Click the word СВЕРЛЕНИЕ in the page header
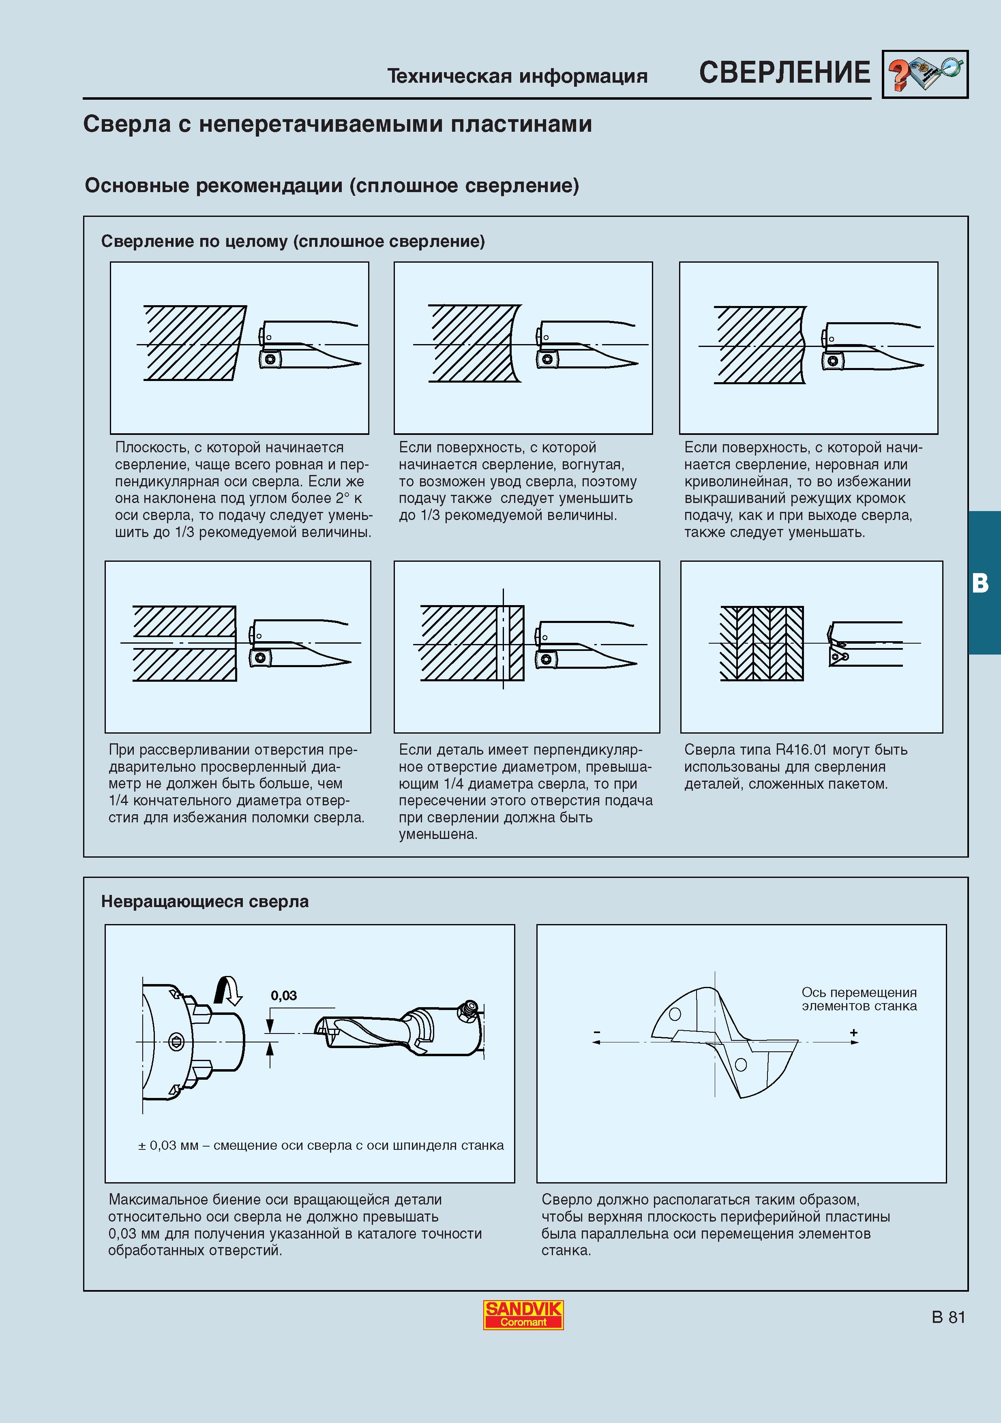point(784,73)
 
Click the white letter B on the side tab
point(980,583)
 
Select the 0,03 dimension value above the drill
point(284,995)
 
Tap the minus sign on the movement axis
point(597,1033)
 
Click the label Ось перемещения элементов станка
point(859,999)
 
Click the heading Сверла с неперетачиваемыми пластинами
point(337,124)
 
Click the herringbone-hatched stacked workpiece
point(762,643)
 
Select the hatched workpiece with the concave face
point(474,343)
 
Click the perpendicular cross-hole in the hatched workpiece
point(503,643)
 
